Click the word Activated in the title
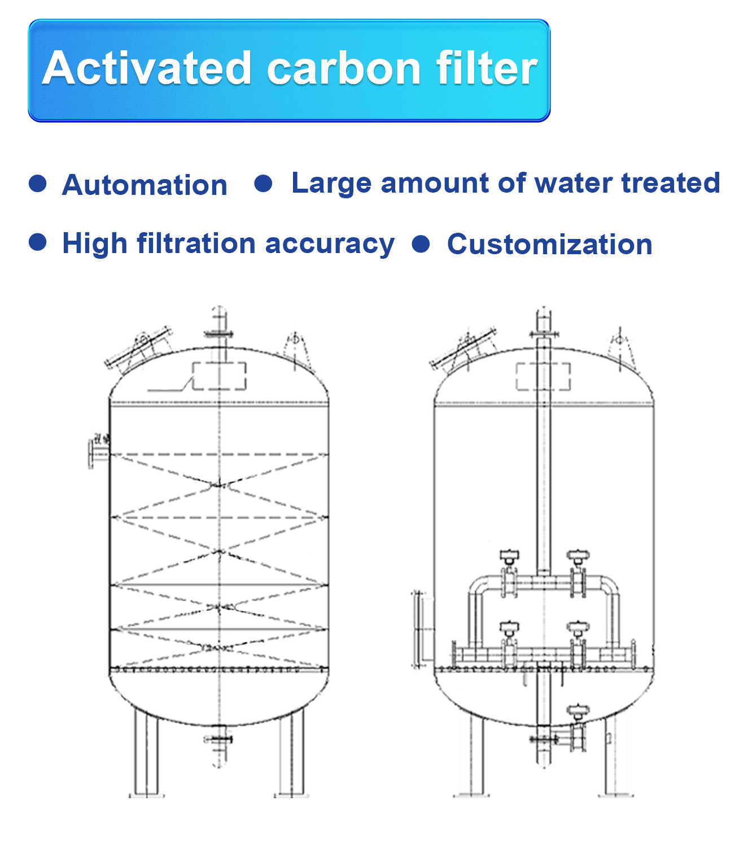pos(147,68)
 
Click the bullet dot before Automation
pos(37,184)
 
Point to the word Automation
pos(145,185)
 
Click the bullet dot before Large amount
pos(263,183)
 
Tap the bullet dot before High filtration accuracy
pos(37,242)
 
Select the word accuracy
pos(330,244)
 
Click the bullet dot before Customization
pos(421,243)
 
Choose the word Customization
pos(549,244)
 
